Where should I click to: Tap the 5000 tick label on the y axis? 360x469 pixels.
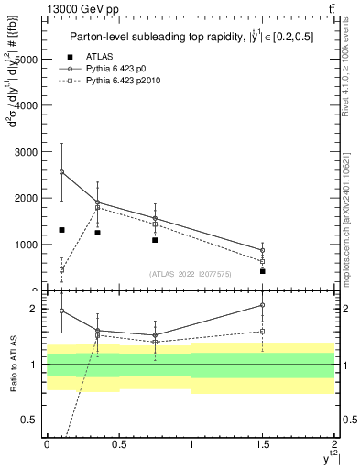pos(26,59)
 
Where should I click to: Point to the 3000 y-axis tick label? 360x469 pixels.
pos(26,152)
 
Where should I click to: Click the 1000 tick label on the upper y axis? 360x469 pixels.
pos(26,245)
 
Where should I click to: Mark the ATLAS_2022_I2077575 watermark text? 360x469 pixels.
pos(191,274)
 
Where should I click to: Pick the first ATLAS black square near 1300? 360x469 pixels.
pos(61,230)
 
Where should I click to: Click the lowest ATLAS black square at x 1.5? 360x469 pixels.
pos(262,271)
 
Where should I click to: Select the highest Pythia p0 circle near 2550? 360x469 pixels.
pos(61,171)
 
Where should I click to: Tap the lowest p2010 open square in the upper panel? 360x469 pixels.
pos(61,270)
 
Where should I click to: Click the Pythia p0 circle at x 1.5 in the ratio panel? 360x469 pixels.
pos(262,305)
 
